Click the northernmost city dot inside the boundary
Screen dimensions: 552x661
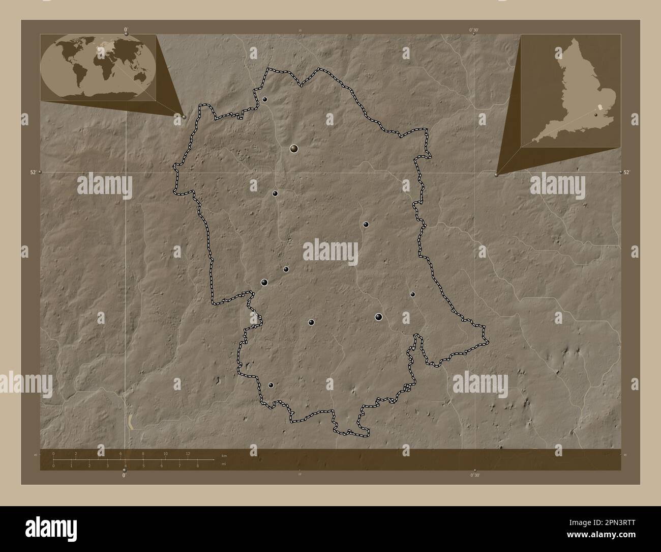point(265,99)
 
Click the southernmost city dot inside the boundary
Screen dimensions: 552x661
point(271,385)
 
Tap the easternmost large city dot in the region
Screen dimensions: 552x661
point(378,317)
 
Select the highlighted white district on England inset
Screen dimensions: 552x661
point(600,107)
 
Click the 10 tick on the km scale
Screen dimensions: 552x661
point(165,453)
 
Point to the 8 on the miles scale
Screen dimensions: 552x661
point(197,465)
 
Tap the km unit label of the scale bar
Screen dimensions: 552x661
point(224,454)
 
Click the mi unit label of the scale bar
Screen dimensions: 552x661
point(224,464)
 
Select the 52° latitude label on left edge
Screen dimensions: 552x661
point(33,173)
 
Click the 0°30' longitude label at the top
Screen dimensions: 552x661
point(474,30)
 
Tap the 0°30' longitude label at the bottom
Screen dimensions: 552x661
point(474,475)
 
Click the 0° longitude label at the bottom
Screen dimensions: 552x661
point(124,475)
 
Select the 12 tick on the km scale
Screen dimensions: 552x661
point(188,453)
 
